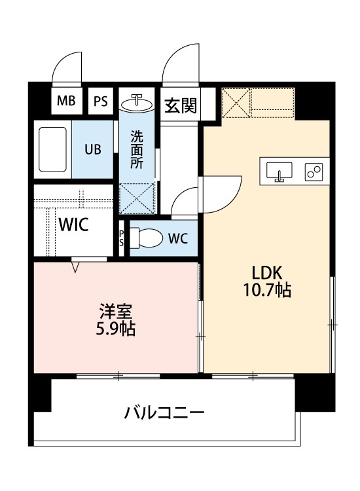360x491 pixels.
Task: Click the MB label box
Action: tap(66, 101)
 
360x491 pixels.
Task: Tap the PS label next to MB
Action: tap(101, 101)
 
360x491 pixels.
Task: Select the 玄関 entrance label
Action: tap(180, 105)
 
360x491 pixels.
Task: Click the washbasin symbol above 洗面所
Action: tap(137, 102)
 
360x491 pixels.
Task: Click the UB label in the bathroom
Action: tap(92, 149)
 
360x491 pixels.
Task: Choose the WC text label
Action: tap(177, 239)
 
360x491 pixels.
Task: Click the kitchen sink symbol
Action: tap(279, 171)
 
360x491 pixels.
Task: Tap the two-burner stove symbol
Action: tap(314, 172)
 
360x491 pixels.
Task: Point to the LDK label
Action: tap(264, 272)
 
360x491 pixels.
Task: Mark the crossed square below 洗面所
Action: tap(138, 198)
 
